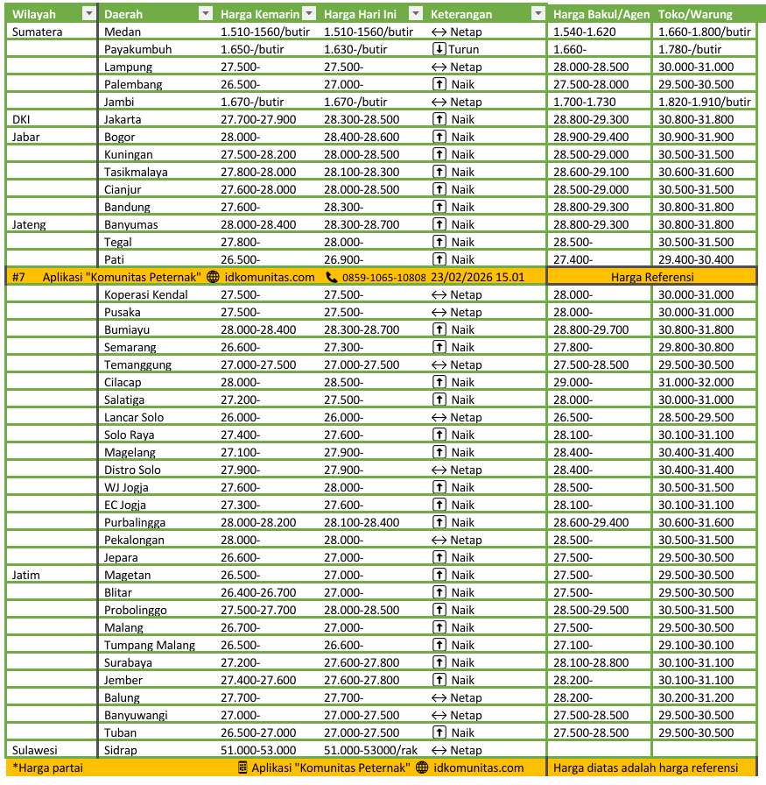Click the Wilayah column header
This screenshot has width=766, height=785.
coord(34,14)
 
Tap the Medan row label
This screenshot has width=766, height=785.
coord(122,32)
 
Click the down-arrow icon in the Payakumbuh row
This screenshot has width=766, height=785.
coord(439,49)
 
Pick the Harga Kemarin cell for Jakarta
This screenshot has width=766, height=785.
coord(258,119)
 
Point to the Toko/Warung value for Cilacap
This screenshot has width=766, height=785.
coord(696,382)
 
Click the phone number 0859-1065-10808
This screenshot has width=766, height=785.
coord(383,277)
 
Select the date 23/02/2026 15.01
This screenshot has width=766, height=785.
coord(477,277)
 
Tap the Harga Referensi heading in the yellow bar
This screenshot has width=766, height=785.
coord(653,277)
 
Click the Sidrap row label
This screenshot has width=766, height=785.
coord(120,750)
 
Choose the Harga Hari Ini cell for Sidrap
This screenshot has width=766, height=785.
coord(369,750)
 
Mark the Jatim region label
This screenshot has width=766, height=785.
coord(27,575)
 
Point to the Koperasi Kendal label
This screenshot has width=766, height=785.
coord(145,294)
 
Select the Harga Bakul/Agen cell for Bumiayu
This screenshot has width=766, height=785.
coord(590,329)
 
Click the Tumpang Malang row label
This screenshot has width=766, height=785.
coord(150,645)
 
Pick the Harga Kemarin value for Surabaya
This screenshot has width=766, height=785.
coord(240,662)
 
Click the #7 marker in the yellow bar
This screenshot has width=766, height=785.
coord(19,277)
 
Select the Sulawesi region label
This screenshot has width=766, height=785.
coord(34,750)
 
